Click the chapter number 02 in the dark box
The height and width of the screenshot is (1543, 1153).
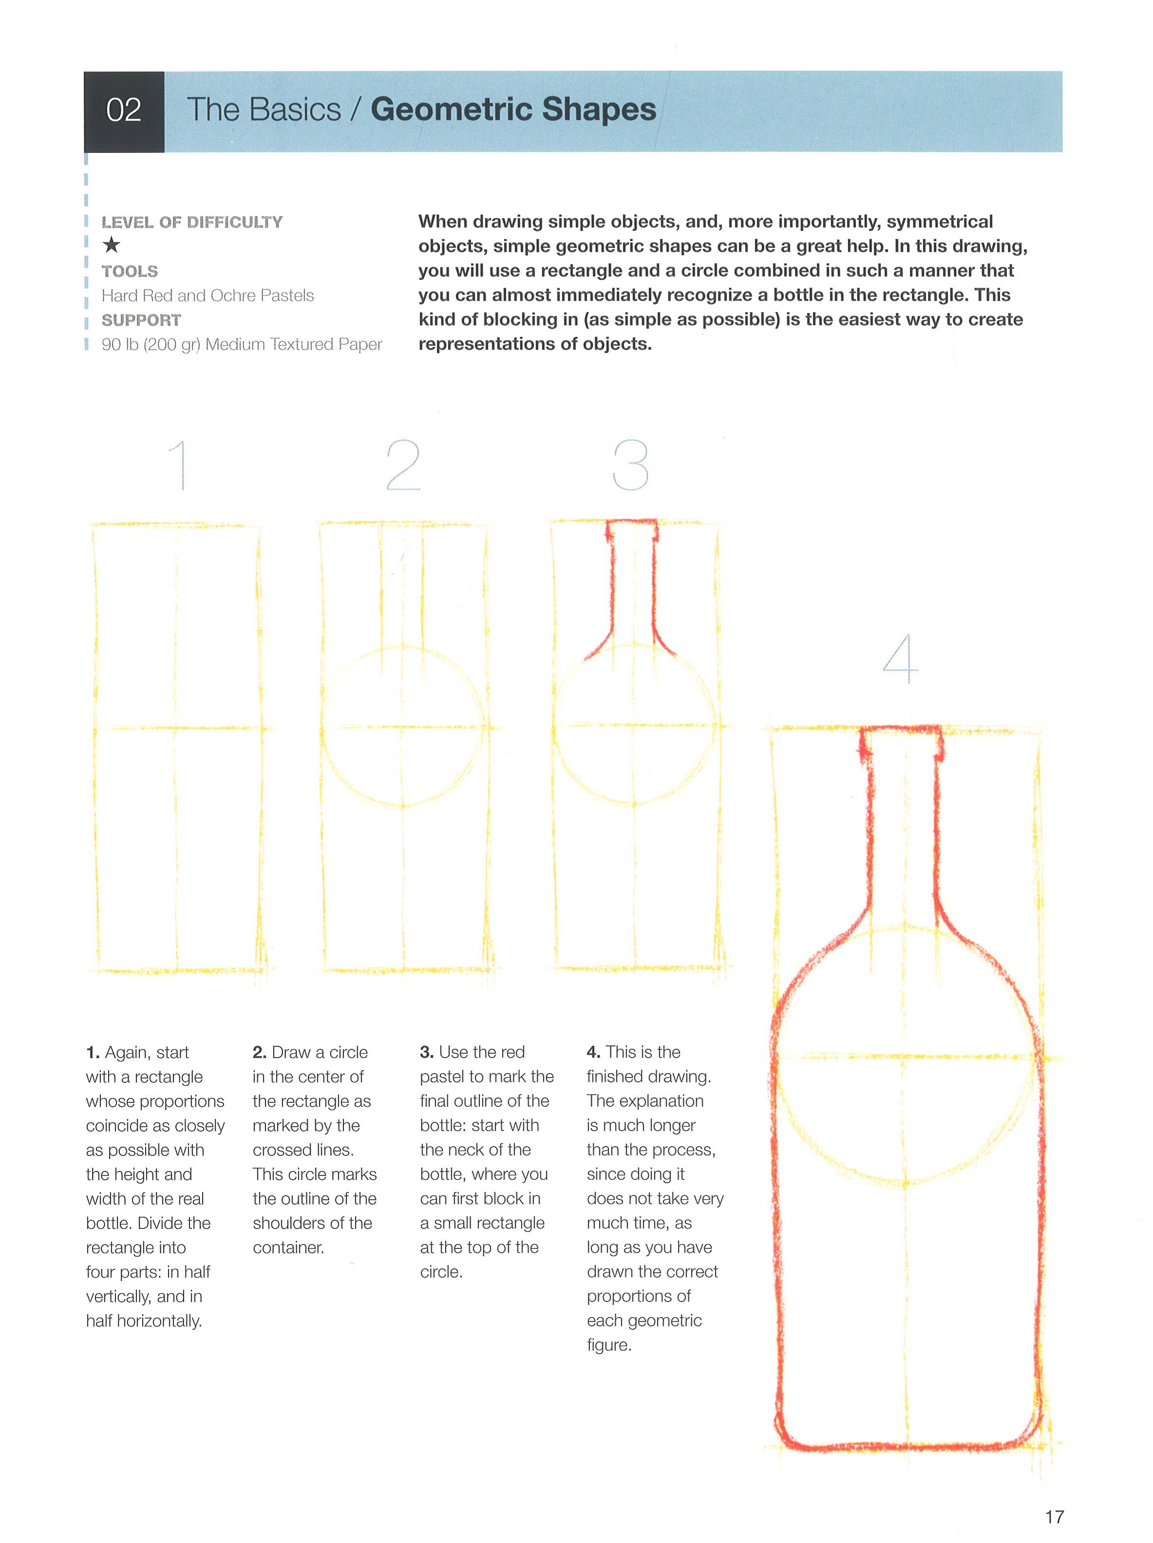(x=124, y=110)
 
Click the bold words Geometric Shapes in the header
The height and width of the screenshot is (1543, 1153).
(x=513, y=110)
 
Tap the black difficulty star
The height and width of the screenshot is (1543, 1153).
(x=111, y=245)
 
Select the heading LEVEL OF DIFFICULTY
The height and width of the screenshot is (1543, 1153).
(x=192, y=223)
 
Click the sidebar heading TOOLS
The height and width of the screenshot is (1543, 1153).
(x=130, y=271)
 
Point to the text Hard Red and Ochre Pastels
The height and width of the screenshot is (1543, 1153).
(x=207, y=296)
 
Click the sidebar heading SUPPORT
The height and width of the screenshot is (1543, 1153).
(x=141, y=320)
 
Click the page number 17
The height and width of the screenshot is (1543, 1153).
(x=1054, y=1517)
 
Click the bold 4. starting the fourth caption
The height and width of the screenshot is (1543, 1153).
(x=594, y=1052)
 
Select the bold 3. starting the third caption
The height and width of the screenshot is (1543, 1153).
(x=427, y=1052)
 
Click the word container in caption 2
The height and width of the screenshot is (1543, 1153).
(x=288, y=1247)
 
